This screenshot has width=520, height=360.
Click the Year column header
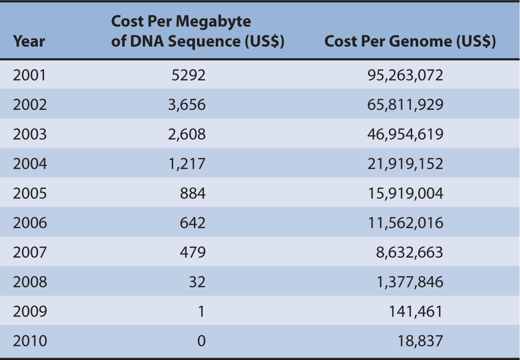(x=29, y=41)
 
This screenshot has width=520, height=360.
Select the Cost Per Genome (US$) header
(x=410, y=41)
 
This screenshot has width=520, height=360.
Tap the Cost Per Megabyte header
(x=197, y=31)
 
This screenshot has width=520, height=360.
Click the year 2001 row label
(x=29, y=75)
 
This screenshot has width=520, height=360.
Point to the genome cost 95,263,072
(x=405, y=75)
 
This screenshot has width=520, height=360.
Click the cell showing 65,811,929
(x=405, y=105)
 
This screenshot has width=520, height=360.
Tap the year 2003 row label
(x=29, y=134)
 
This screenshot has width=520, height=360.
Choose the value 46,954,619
(x=405, y=134)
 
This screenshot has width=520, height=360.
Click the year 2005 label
(x=29, y=193)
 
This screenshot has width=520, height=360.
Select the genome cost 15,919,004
(x=405, y=193)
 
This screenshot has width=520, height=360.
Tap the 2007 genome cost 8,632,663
(x=409, y=252)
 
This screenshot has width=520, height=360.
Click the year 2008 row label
(x=29, y=282)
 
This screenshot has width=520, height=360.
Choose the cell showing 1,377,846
(x=409, y=282)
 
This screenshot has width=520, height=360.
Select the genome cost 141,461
(x=415, y=311)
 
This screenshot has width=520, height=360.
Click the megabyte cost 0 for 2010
(x=201, y=341)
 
